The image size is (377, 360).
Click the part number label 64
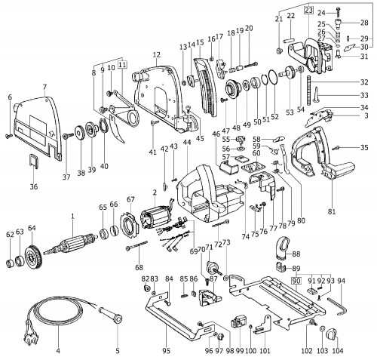32,228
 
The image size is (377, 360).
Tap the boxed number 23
308,11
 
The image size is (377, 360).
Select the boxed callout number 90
296,281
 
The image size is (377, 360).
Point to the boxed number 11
122,65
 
